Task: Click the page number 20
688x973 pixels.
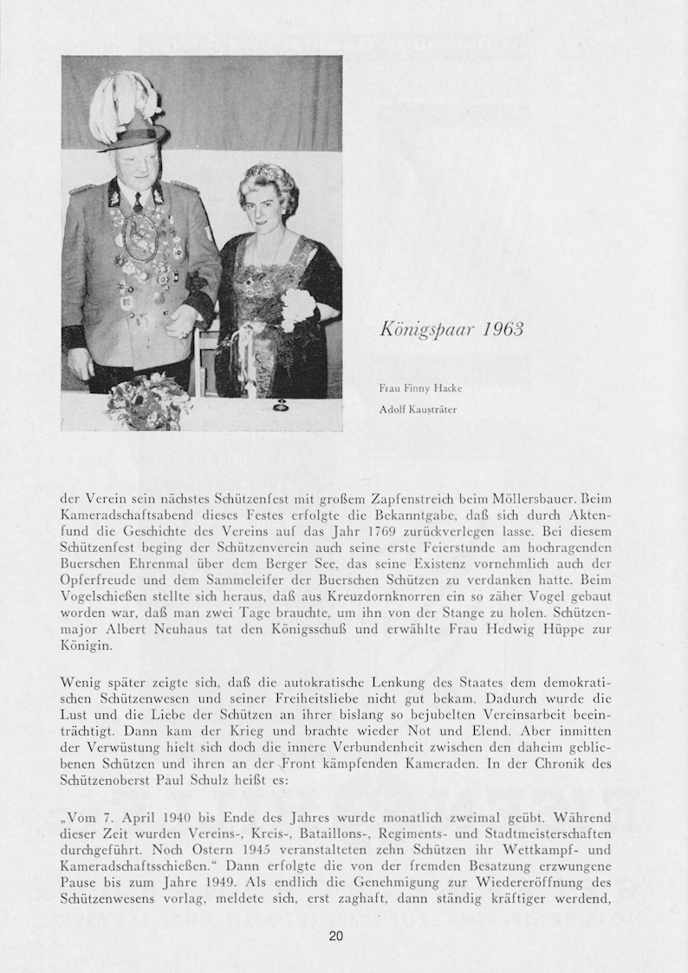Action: (336, 936)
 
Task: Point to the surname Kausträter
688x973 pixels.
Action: (427, 408)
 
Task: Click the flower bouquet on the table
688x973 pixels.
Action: (148, 401)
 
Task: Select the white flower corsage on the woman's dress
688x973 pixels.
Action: (296, 307)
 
